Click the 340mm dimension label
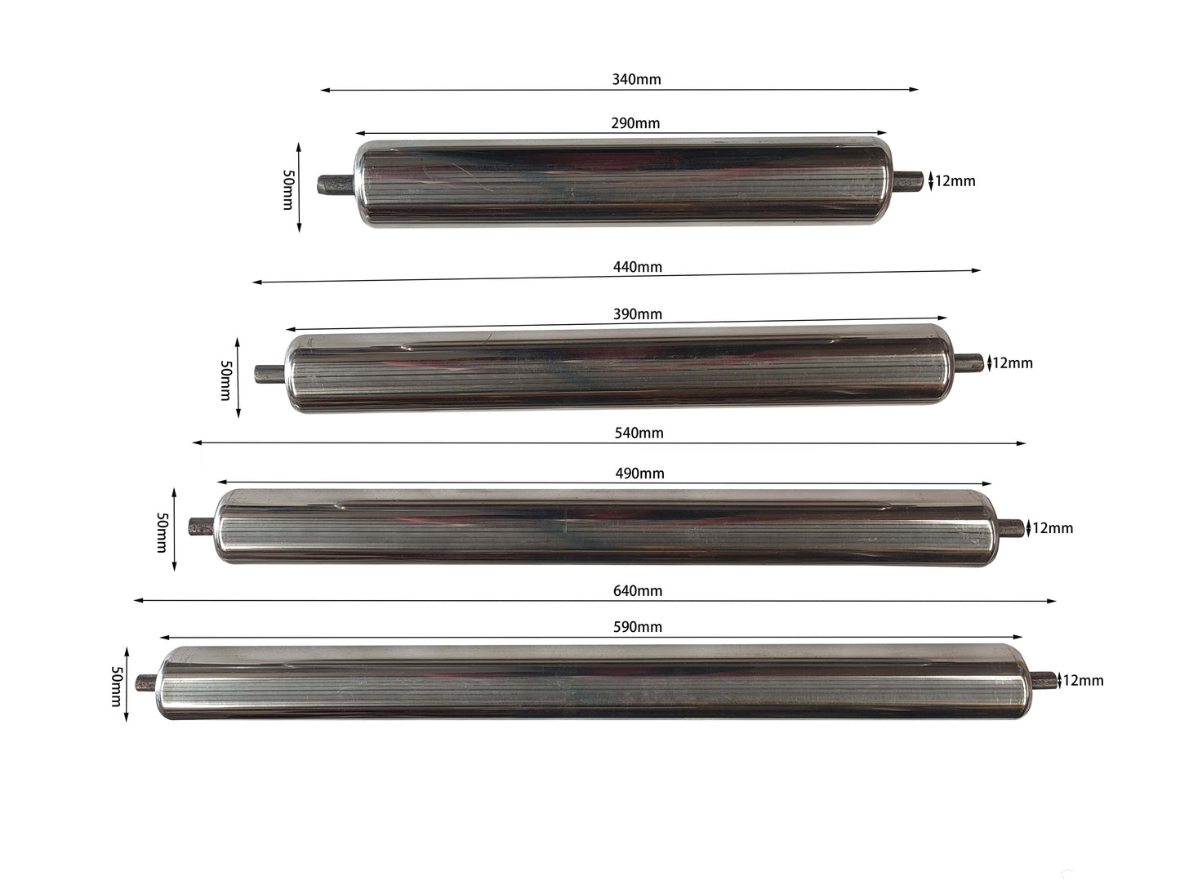[636, 79]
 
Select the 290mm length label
[635, 123]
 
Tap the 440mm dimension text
[638, 267]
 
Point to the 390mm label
[638, 314]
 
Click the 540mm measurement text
[639, 433]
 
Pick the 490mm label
[639, 474]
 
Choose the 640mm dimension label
[638, 591]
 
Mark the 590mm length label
[638, 627]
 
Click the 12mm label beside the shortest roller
[955, 181]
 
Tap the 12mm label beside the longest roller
[1084, 681]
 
